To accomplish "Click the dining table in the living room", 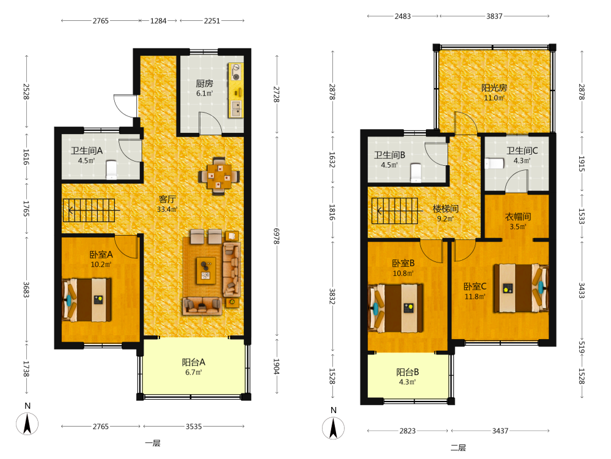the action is pyautogui.click(x=219, y=176).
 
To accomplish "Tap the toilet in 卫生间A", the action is pyautogui.click(x=111, y=170).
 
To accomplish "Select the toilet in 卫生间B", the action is pyautogui.click(x=415, y=173).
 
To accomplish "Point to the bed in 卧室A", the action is pyautogui.click(x=87, y=300).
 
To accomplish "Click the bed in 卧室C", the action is pyautogui.click(x=521, y=288).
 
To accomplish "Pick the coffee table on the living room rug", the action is pyautogui.click(x=206, y=271).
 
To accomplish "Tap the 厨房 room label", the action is pyautogui.click(x=204, y=83).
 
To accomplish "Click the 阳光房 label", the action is pyautogui.click(x=494, y=88).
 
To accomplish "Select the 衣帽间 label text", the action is pyautogui.click(x=518, y=217).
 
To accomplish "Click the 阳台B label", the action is pyautogui.click(x=408, y=372).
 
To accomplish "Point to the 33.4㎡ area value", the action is pyautogui.click(x=167, y=209).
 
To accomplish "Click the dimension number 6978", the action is pyautogui.click(x=276, y=236).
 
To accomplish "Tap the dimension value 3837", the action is pyautogui.click(x=494, y=17).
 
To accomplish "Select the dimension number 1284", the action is pyautogui.click(x=158, y=21).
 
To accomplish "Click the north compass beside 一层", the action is pyautogui.click(x=27, y=424).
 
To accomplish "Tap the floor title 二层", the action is pyautogui.click(x=458, y=447).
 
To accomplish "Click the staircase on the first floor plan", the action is pyautogui.click(x=89, y=211).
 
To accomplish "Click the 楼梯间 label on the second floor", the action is pyautogui.click(x=445, y=209).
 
